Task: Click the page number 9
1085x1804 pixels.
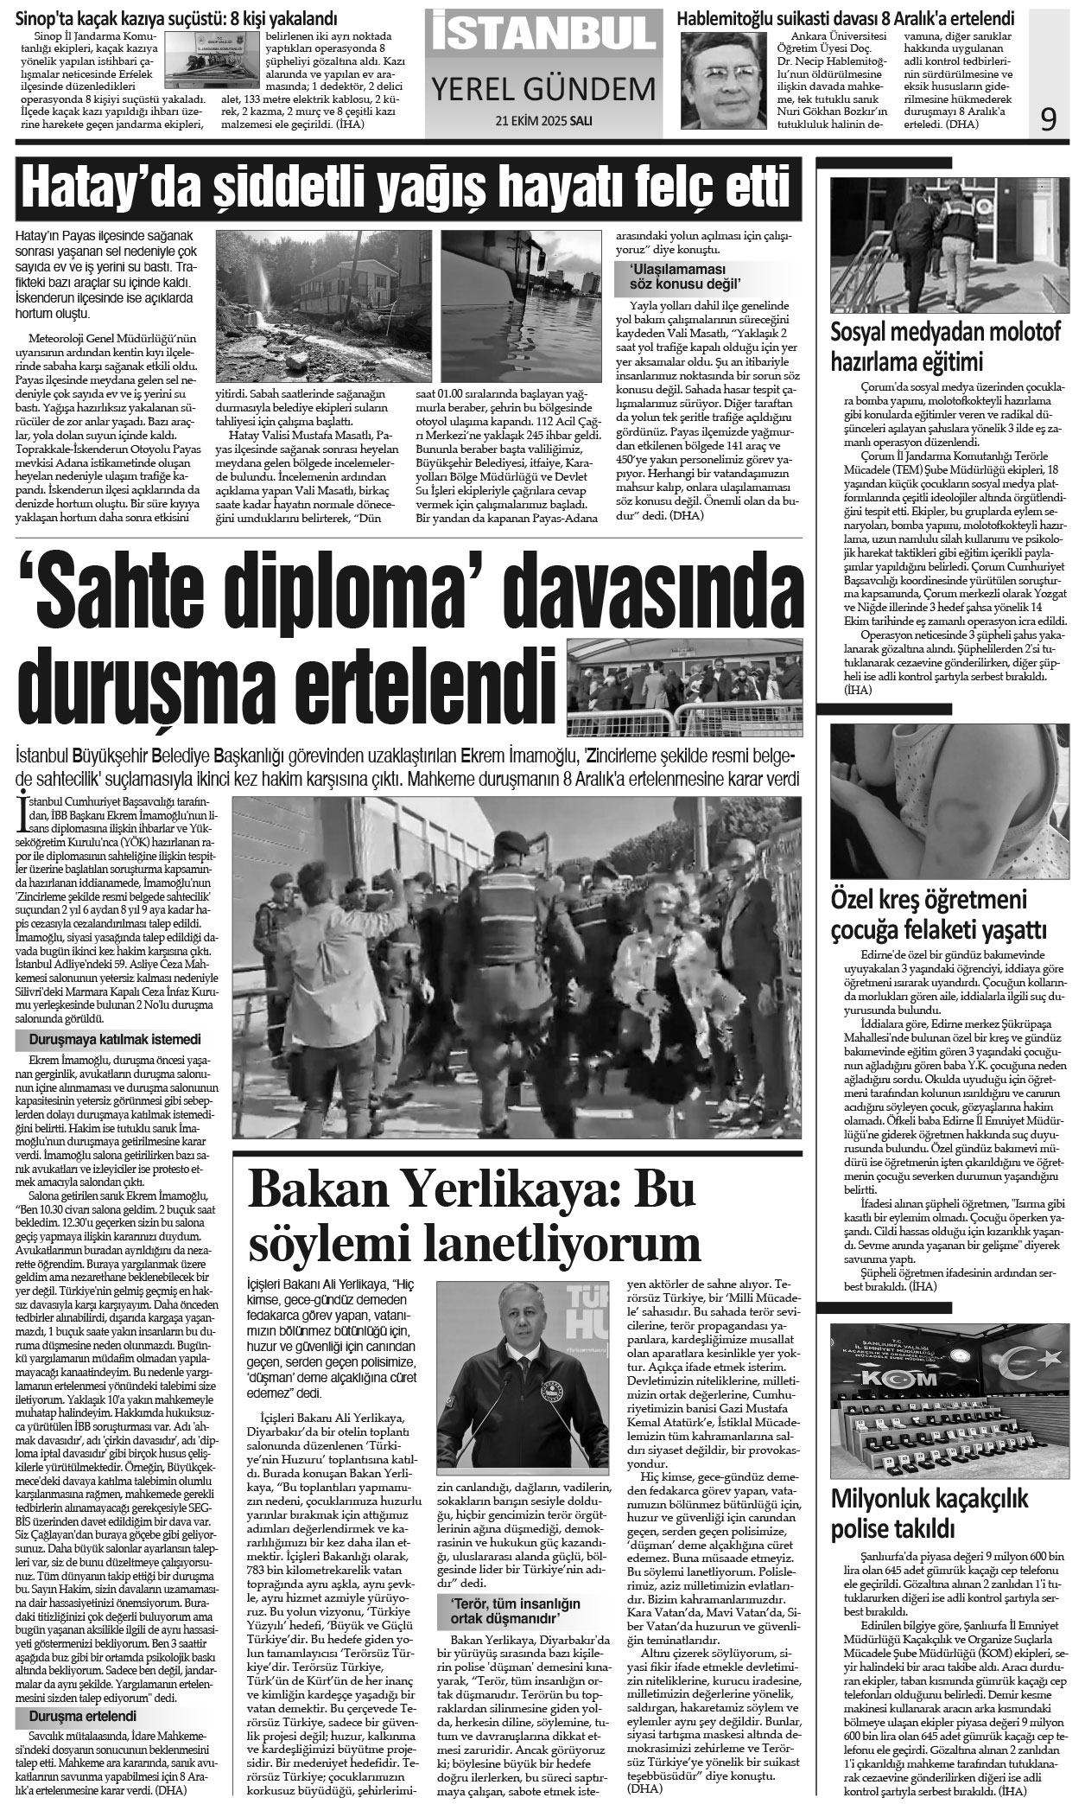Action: (1048, 119)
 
